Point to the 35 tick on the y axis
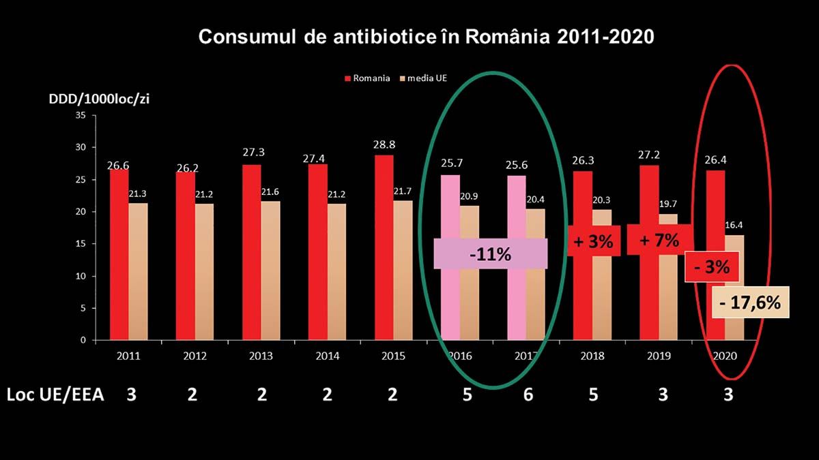pos(80,115)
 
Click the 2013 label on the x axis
pos(261,356)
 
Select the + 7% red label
pos(659,240)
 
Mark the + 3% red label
pos(592,241)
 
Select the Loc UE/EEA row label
pos(55,395)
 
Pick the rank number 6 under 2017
pos(528,395)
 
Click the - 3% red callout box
pos(712,267)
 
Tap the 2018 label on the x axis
pos(592,356)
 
